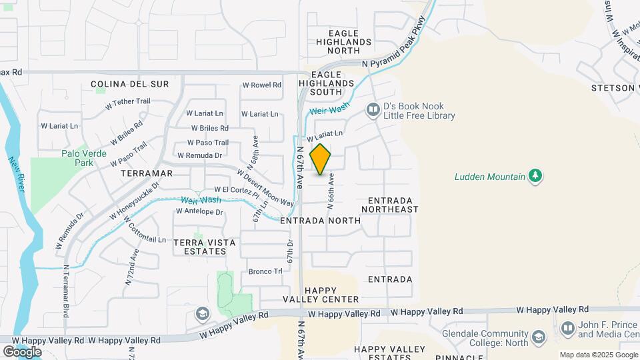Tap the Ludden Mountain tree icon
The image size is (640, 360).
click(x=535, y=176)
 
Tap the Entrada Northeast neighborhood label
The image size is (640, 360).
click(x=390, y=205)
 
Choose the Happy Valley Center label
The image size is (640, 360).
click(x=331, y=295)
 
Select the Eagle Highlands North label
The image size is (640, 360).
click(x=344, y=37)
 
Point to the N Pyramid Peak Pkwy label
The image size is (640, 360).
click(x=393, y=56)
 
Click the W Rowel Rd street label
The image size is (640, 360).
click(x=261, y=85)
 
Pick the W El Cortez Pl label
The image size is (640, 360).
click(x=232, y=191)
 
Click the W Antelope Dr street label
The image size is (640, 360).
click(x=199, y=212)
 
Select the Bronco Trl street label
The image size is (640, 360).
click(x=265, y=271)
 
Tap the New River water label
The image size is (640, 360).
click(x=17, y=175)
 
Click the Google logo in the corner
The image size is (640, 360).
click(x=22, y=351)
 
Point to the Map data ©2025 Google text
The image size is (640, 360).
click(x=598, y=355)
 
